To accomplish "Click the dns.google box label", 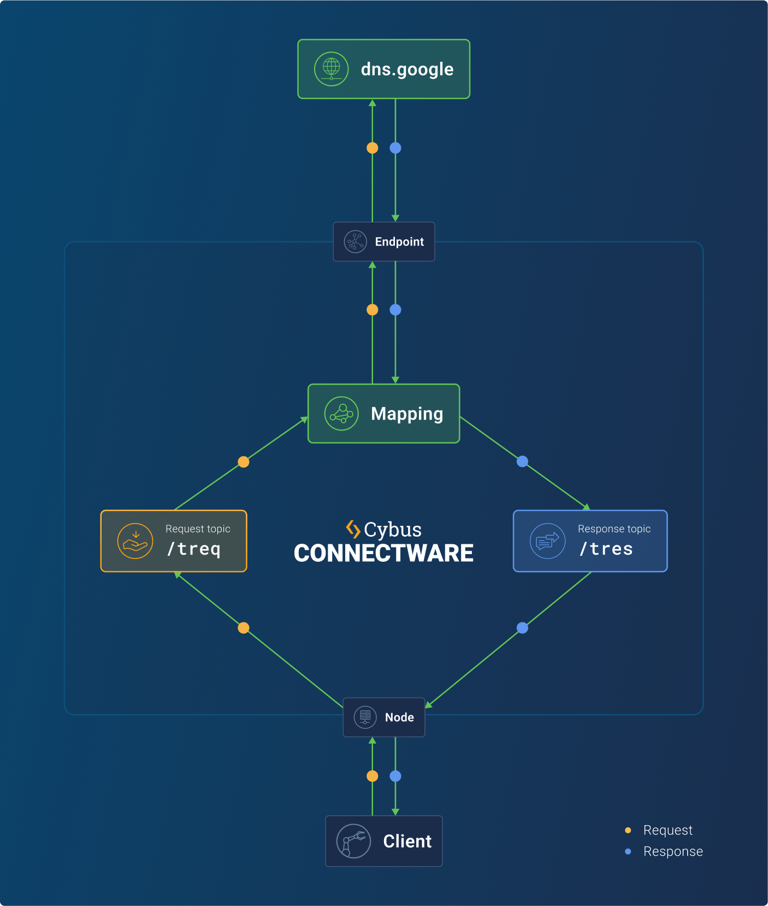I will click(x=407, y=69).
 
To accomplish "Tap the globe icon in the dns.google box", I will click(x=331, y=69).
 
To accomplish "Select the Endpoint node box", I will click(x=384, y=242).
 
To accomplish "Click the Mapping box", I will click(x=384, y=414).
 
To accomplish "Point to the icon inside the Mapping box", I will click(x=341, y=414).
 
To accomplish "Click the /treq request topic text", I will click(x=194, y=549).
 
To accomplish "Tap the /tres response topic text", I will click(x=606, y=549).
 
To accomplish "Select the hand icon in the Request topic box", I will click(x=135, y=541).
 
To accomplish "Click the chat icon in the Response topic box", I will click(x=547, y=541).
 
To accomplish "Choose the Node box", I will click(x=384, y=717).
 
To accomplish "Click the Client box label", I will click(x=407, y=841).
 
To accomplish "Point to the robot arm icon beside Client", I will click(x=353, y=841).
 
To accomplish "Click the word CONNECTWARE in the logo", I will click(x=383, y=553).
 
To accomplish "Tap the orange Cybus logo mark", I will click(x=353, y=529).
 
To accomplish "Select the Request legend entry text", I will click(x=667, y=830).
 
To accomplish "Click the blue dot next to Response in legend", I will click(x=628, y=851).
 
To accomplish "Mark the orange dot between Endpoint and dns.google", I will click(x=373, y=148).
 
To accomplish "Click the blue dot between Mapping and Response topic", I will click(x=523, y=461).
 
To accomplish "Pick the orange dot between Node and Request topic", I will click(x=244, y=628).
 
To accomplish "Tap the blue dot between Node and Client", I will click(x=395, y=776).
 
